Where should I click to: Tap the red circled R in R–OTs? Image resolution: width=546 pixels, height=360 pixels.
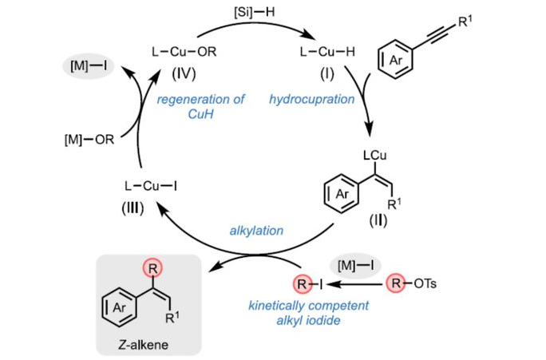pos(398,282)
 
